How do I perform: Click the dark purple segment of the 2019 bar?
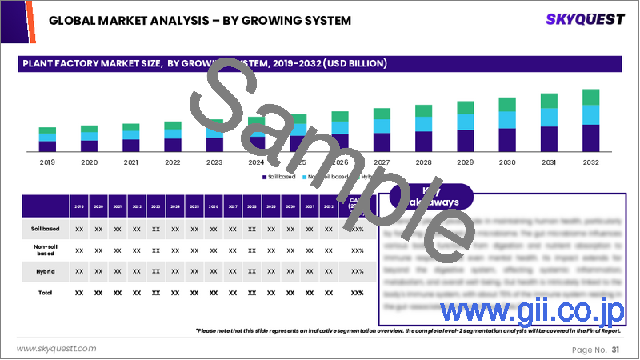click(x=47, y=146)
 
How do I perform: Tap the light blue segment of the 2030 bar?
click(x=507, y=120)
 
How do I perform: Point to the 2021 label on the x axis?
click(x=130, y=161)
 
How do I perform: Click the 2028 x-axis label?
click(x=423, y=161)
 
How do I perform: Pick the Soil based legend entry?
click(x=279, y=176)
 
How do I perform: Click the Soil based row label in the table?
click(x=44, y=229)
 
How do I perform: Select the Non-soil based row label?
click(x=44, y=250)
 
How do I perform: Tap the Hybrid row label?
click(x=44, y=271)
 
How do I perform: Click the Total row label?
click(x=44, y=293)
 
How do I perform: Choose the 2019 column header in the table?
click(x=79, y=206)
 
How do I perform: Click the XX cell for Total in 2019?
click(x=79, y=293)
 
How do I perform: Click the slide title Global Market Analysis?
click(x=200, y=19)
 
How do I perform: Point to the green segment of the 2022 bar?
click(x=172, y=126)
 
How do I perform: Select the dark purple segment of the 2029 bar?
click(x=466, y=141)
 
